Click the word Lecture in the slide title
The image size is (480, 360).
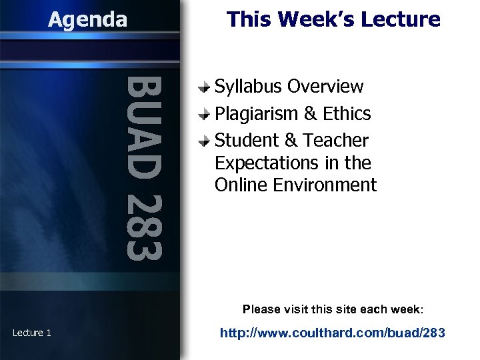(x=403, y=19)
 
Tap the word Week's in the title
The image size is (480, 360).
(x=319, y=19)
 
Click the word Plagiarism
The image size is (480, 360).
(x=257, y=114)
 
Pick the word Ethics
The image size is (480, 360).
(x=347, y=114)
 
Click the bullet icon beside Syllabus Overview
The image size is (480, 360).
(x=207, y=87)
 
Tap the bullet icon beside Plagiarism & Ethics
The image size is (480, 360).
(x=207, y=114)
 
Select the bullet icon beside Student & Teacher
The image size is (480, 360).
(x=207, y=141)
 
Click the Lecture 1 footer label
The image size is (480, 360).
(x=32, y=333)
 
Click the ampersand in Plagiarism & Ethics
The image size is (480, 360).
(x=310, y=114)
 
